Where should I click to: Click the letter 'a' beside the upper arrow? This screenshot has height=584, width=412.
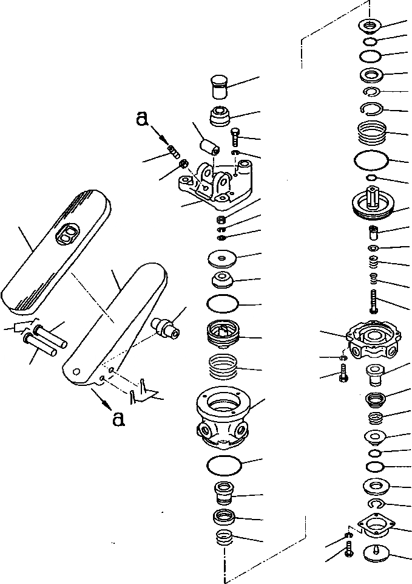142,120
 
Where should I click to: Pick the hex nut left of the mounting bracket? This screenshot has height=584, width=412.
181,164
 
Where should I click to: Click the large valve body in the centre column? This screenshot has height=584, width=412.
223,413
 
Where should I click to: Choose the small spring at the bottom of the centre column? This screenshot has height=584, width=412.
224,539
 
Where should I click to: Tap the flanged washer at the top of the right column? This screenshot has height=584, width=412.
369,26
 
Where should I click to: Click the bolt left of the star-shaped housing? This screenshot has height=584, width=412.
343,372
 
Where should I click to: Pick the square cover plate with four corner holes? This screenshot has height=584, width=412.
376,524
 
